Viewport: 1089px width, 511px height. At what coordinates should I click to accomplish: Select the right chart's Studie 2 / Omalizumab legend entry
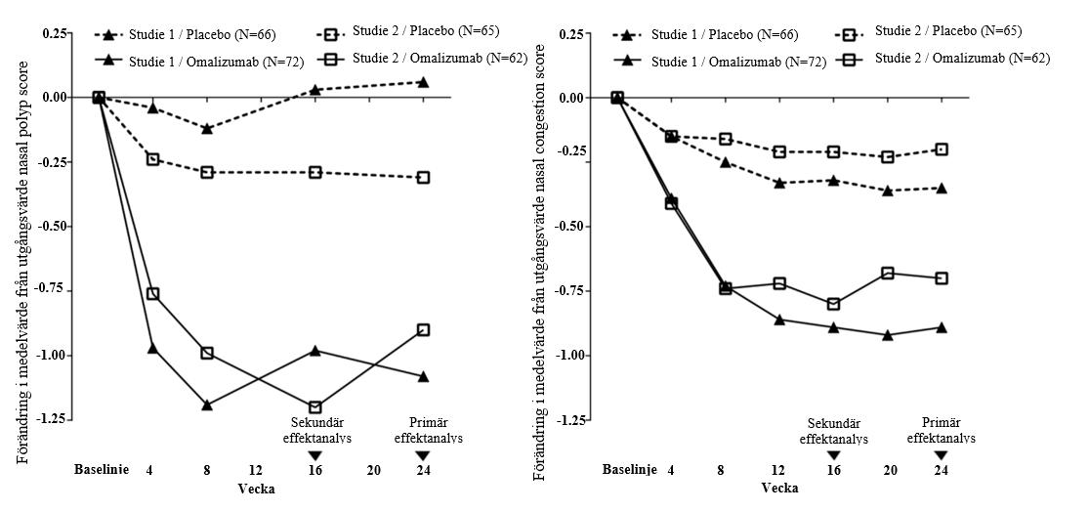[x=949, y=58]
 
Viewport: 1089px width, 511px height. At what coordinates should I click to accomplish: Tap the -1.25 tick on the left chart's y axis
[x=54, y=419]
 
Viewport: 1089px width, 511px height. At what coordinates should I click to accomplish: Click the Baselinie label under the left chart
[x=102, y=470]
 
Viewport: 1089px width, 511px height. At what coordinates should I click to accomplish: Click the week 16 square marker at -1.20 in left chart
[x=315, y=407]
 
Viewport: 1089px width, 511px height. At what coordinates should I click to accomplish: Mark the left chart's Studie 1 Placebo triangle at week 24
[x=422, y=82]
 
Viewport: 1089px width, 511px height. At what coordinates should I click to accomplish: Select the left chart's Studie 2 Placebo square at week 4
[x=152, y=159]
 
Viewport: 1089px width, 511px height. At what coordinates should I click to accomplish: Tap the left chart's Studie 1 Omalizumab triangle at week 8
[x=207, y=405]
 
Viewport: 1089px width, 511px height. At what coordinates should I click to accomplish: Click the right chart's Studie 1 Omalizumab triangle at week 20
[x=887, y=335]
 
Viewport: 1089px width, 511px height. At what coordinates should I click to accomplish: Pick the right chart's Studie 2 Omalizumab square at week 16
[x=833, y=304]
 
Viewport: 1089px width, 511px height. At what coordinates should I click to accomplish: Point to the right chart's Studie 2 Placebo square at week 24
[x=942, y=149]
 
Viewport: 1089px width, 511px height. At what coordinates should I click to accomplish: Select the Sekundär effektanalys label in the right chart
[x=833, y=432]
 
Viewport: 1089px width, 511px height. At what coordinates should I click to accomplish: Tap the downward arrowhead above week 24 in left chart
[x=422, y=455]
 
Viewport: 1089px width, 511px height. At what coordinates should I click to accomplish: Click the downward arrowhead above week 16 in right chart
[x=833, y=455]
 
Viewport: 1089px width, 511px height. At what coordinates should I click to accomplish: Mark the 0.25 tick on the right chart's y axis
[x=572, y=34]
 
